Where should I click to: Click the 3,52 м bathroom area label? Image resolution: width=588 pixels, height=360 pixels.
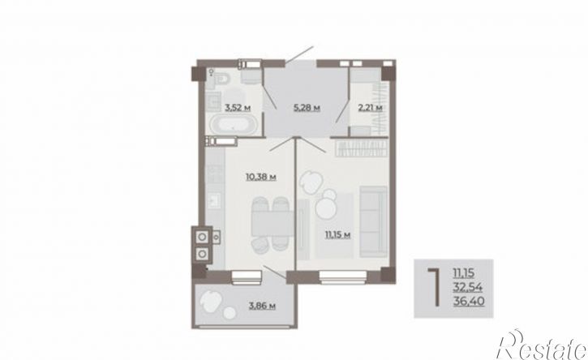tap(238, 108)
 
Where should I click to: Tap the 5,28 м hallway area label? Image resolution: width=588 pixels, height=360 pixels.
tap(307, 108)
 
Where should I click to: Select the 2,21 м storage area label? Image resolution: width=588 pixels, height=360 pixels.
tap(370, 108)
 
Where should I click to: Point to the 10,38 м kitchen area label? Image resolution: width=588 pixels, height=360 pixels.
tap(261, 176)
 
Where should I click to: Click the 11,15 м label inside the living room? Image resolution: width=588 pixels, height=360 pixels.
tap(337, 235)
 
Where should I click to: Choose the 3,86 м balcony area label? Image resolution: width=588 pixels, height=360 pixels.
tap(262, 306)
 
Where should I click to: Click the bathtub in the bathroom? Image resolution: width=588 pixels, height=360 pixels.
tap(233, 125)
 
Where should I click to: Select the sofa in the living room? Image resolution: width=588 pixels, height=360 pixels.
tap(373, 221)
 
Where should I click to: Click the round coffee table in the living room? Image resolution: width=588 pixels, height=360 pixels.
tap(327, 208)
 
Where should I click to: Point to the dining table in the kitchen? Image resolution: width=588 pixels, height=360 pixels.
tap(273, 223)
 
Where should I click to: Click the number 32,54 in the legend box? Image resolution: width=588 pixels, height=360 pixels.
tap(468, 287)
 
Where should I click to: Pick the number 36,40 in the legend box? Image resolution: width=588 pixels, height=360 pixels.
tap(469, 301)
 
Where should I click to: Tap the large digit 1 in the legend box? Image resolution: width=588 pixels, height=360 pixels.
tap(435, 287)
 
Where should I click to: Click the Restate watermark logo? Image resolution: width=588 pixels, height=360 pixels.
tap(541, 345)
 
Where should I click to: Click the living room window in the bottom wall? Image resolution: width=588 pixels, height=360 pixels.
tap(343, 276)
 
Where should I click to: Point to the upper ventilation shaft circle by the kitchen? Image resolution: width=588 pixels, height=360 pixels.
tap(203, 237)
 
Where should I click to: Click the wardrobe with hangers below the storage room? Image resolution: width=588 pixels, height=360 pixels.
tap(361, 148)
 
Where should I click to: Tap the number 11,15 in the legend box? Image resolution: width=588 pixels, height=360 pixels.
tap(463, 273)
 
